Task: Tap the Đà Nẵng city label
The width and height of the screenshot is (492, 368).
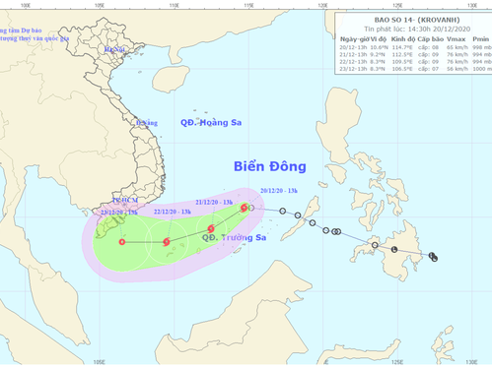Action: coord(148,123)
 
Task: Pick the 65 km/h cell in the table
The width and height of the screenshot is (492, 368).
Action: coord(455,47)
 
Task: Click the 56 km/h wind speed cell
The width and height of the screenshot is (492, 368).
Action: coord(455,69)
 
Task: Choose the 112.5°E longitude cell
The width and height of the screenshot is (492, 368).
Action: coord(398,55)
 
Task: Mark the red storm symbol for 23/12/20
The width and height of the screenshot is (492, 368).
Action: coord(121,241)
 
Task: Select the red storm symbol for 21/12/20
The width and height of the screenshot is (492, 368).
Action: coord(211,229)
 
